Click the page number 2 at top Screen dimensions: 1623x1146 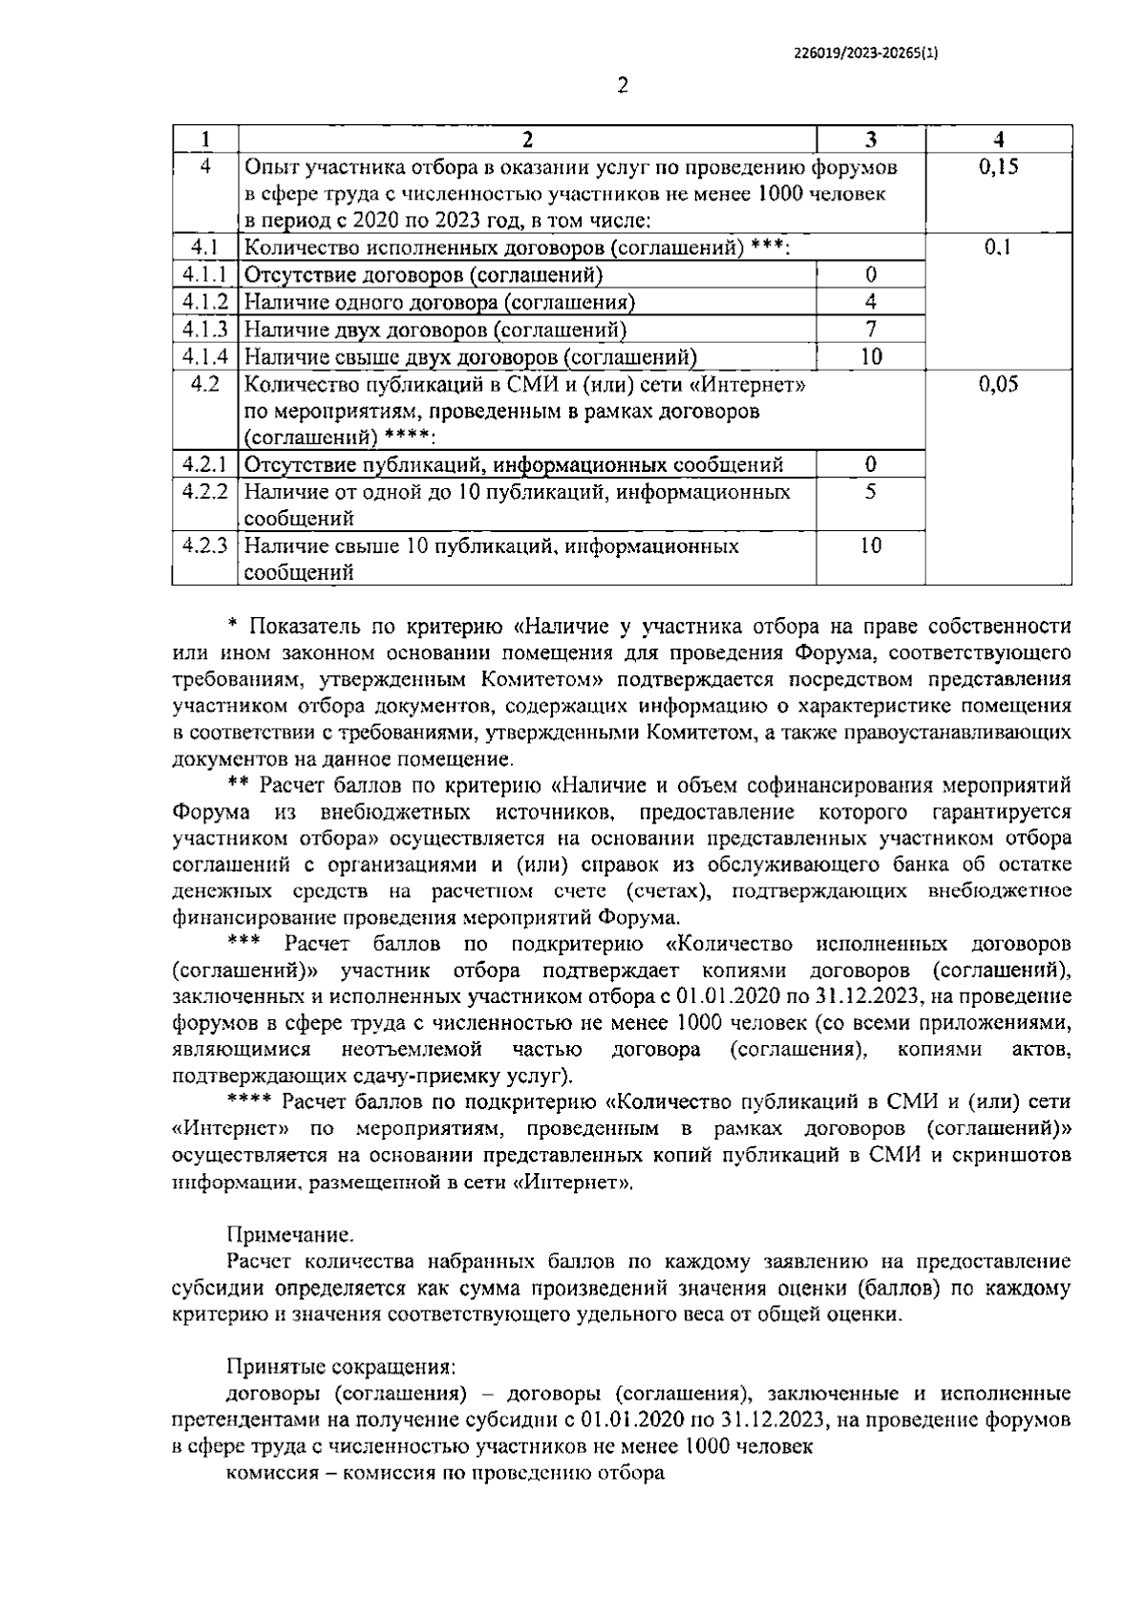coord(623,87)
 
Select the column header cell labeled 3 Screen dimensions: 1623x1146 coord(870,139)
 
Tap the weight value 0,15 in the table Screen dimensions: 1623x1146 coord(999,167)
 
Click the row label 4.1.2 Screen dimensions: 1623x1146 coord(205,303)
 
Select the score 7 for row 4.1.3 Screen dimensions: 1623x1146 coord(870,330)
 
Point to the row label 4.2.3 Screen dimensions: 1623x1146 coord(205,546)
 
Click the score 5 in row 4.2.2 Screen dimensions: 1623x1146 coord(870,492)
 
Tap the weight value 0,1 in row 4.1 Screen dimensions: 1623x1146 coord(999,248)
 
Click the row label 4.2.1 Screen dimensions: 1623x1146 coord(205,465)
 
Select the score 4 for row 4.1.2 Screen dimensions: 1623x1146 coord(870,303)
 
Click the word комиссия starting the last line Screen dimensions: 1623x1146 coord(271,1472)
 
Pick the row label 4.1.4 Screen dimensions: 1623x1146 coord(205,357)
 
